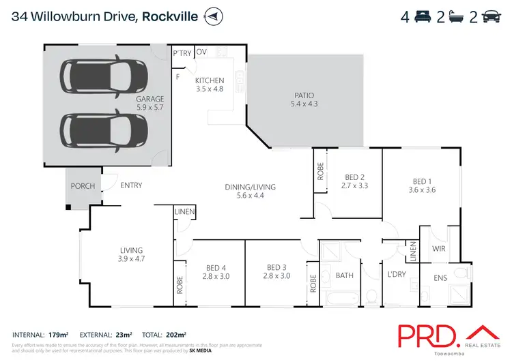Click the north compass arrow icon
pyautogui.click(x=214, y=16)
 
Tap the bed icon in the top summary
pyautogui.click(x=423, y=16)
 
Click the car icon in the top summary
pyautogui.click(x=490, y=16)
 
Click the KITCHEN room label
pyautogui.click(x=210, y=80)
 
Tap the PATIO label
pyautogui.click(x=304, y=95)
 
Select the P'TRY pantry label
pyautogui.click(x=182, y=52)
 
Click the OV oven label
pyautogui.click(x=201, y=52)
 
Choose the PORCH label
pyautogui.click(x=79, y=185)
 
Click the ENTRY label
pyautogui.click(x=130, y=185)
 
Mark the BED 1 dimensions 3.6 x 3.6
pyautogui.click(x=421, y=190)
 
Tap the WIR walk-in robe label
pyautogui.click(x=439, y=249)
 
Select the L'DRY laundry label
pyautogui.click(x=397, y=273)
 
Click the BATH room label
pyautogui.click(x=343, y=275)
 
